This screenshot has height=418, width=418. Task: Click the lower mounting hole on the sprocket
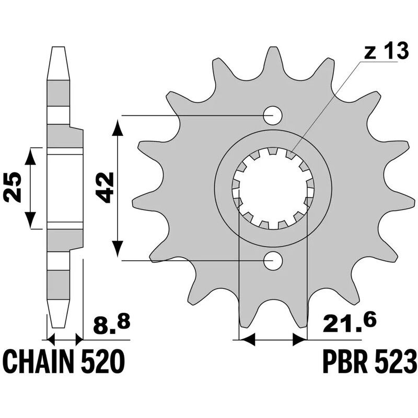point(272,260)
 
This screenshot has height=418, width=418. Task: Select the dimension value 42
point(106,188)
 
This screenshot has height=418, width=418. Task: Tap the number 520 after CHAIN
point(102,361)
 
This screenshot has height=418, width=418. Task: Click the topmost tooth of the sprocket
point(272,55)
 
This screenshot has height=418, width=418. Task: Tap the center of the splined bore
point(272,188)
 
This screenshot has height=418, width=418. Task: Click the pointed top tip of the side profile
point(58,48)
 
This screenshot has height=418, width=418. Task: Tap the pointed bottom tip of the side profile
point(58,327)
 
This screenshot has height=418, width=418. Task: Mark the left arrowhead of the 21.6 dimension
point(246,341)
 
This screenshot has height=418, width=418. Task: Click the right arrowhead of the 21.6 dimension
point(300,341)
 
